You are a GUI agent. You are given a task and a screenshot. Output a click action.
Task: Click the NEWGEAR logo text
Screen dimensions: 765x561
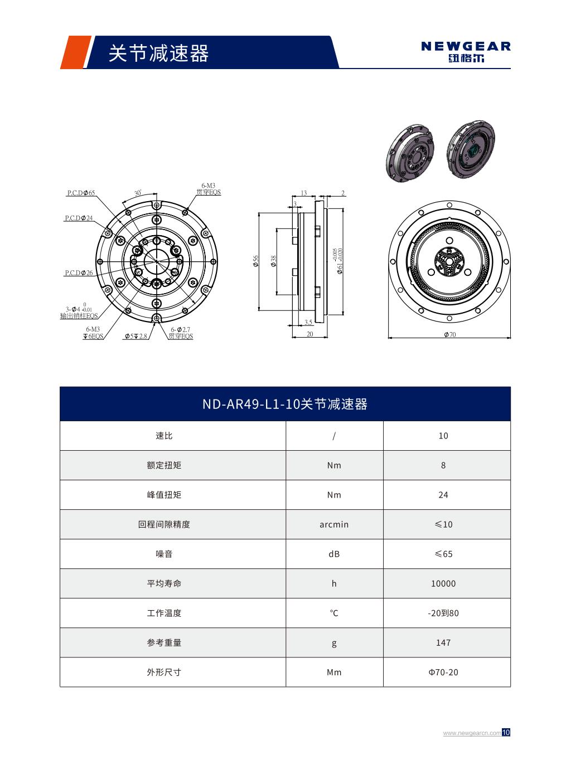click(x=466, y=46)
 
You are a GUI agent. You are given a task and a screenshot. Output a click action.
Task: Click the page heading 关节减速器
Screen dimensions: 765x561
click(x=158, y=53)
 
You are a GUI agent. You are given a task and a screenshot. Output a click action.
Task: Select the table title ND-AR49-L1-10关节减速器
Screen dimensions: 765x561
click(x=285, y=404)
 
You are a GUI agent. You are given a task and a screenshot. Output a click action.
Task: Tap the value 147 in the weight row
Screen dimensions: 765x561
click(x=443, y=642)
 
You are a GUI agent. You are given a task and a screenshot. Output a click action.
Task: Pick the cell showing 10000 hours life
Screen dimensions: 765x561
click(x=443, y=583)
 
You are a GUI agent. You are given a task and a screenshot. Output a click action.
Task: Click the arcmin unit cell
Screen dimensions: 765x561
click(x=334, y=524)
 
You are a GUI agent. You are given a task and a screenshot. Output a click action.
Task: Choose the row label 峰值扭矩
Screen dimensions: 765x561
click(x=164, y=495)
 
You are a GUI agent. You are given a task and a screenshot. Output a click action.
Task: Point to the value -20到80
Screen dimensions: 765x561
click(x=443, y=613)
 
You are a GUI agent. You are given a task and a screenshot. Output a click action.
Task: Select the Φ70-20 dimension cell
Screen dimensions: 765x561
click(x=443, y=672)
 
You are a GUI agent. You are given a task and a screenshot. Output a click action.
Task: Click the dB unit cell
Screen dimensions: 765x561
click(x=334, y=554)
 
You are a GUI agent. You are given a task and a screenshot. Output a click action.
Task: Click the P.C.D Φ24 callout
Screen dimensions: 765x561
click(x=79, y=218)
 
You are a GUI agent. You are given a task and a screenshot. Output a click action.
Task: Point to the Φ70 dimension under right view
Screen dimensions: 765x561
click(x=449, y=335)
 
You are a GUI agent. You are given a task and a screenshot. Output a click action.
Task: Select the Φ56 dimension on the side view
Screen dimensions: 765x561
click(x=256, y=260)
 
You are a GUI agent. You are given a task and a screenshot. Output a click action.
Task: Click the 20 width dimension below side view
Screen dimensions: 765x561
click(x=309, y=334)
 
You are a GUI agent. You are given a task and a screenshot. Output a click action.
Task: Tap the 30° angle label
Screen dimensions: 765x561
click(x=138, y=193)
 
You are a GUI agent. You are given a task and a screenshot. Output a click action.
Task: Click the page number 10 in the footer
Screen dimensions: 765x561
click(x=506, y=732)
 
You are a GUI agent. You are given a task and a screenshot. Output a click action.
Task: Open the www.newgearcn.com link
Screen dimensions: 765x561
click(x=472, y=733)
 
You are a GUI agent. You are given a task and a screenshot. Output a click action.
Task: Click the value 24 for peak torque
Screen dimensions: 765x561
click(x=443, y=495)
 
